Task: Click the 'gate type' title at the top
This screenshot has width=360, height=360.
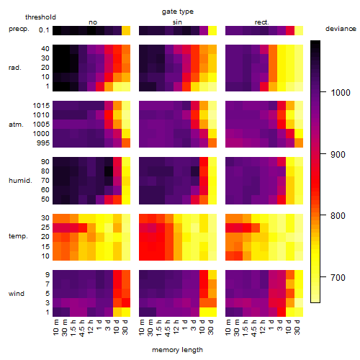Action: click(x=178, y=12)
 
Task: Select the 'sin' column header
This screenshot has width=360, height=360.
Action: click(x=177, y=22)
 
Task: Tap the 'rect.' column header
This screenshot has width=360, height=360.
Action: click(x=262, y=22)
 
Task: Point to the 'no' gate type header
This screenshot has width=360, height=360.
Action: click(x=93, y=22)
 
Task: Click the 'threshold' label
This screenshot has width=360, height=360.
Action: click(x=40, y=17)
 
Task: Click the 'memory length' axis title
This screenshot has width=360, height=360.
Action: click(x=178, y=350)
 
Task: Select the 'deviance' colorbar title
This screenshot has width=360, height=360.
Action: click(x=341, y=29)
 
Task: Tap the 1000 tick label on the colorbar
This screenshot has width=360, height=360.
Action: click(x=341, y=93)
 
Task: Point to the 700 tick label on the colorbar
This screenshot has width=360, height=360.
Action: click(x=338, y=278)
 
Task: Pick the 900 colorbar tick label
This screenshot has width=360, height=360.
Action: click(x=338, y=155)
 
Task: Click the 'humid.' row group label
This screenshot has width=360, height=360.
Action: click(x=20, y=181)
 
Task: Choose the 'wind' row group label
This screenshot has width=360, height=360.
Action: click(x=17, y=294)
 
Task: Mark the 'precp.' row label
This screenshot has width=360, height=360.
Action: click(x=19, y=29)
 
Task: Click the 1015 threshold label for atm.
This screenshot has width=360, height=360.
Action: click(x=41, y=106)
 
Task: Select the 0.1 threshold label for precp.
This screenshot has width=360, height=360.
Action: click(x=44, y=30)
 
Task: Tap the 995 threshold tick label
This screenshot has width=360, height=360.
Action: click(x=43, y=143)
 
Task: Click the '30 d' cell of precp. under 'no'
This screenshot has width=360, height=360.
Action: click(x=126, y=31)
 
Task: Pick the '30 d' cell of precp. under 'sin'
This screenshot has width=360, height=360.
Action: click(x=212, y=31)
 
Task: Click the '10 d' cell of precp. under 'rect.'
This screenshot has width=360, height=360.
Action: click(x=290, y=31)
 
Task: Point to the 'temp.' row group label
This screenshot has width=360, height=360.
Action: click(x=18, y=236)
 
